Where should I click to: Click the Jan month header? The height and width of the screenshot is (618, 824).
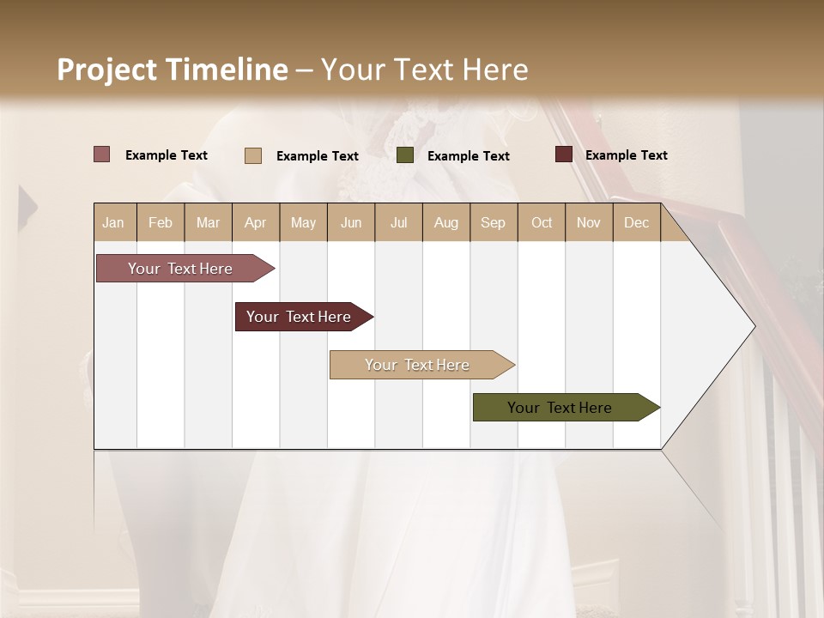pyautogui.click(x=114, y=222)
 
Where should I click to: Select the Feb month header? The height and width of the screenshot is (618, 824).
pyautogui.click(x=161, y=222)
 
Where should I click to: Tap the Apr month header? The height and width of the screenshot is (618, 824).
pyautogui.click(x=255, y=222)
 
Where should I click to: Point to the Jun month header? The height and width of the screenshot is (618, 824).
pyautogui.click(x=351, y=222)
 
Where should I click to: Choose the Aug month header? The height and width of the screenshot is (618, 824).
pyautogui.click(x=446, y=222)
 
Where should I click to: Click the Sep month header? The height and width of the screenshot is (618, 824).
pyautogui.click(x=494, y=222)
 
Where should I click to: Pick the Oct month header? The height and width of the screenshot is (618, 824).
pyautogui.click(x=542, y=222)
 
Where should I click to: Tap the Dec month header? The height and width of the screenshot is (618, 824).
pyautogui.click(x=637, y=222)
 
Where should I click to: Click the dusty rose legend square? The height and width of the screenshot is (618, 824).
pyautogui.click(x=102, y=154)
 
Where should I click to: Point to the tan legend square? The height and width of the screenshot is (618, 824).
pyautogui.click(x=253, y=155)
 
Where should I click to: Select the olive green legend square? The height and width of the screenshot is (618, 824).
pyautogui.click(x=405, y=155)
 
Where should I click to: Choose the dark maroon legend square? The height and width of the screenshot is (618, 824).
pyautogui.click(x=564, y=154)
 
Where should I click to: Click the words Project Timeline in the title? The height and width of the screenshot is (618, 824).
pyautogui.click(x=173, y=70)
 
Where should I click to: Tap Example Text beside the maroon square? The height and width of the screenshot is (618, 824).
pyautogui.click(x=626, y=154)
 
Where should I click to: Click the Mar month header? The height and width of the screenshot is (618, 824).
pyautogui.click(x=208, y=222)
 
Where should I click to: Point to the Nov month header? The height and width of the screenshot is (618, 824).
pyautogui.click(x=589, y=222)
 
